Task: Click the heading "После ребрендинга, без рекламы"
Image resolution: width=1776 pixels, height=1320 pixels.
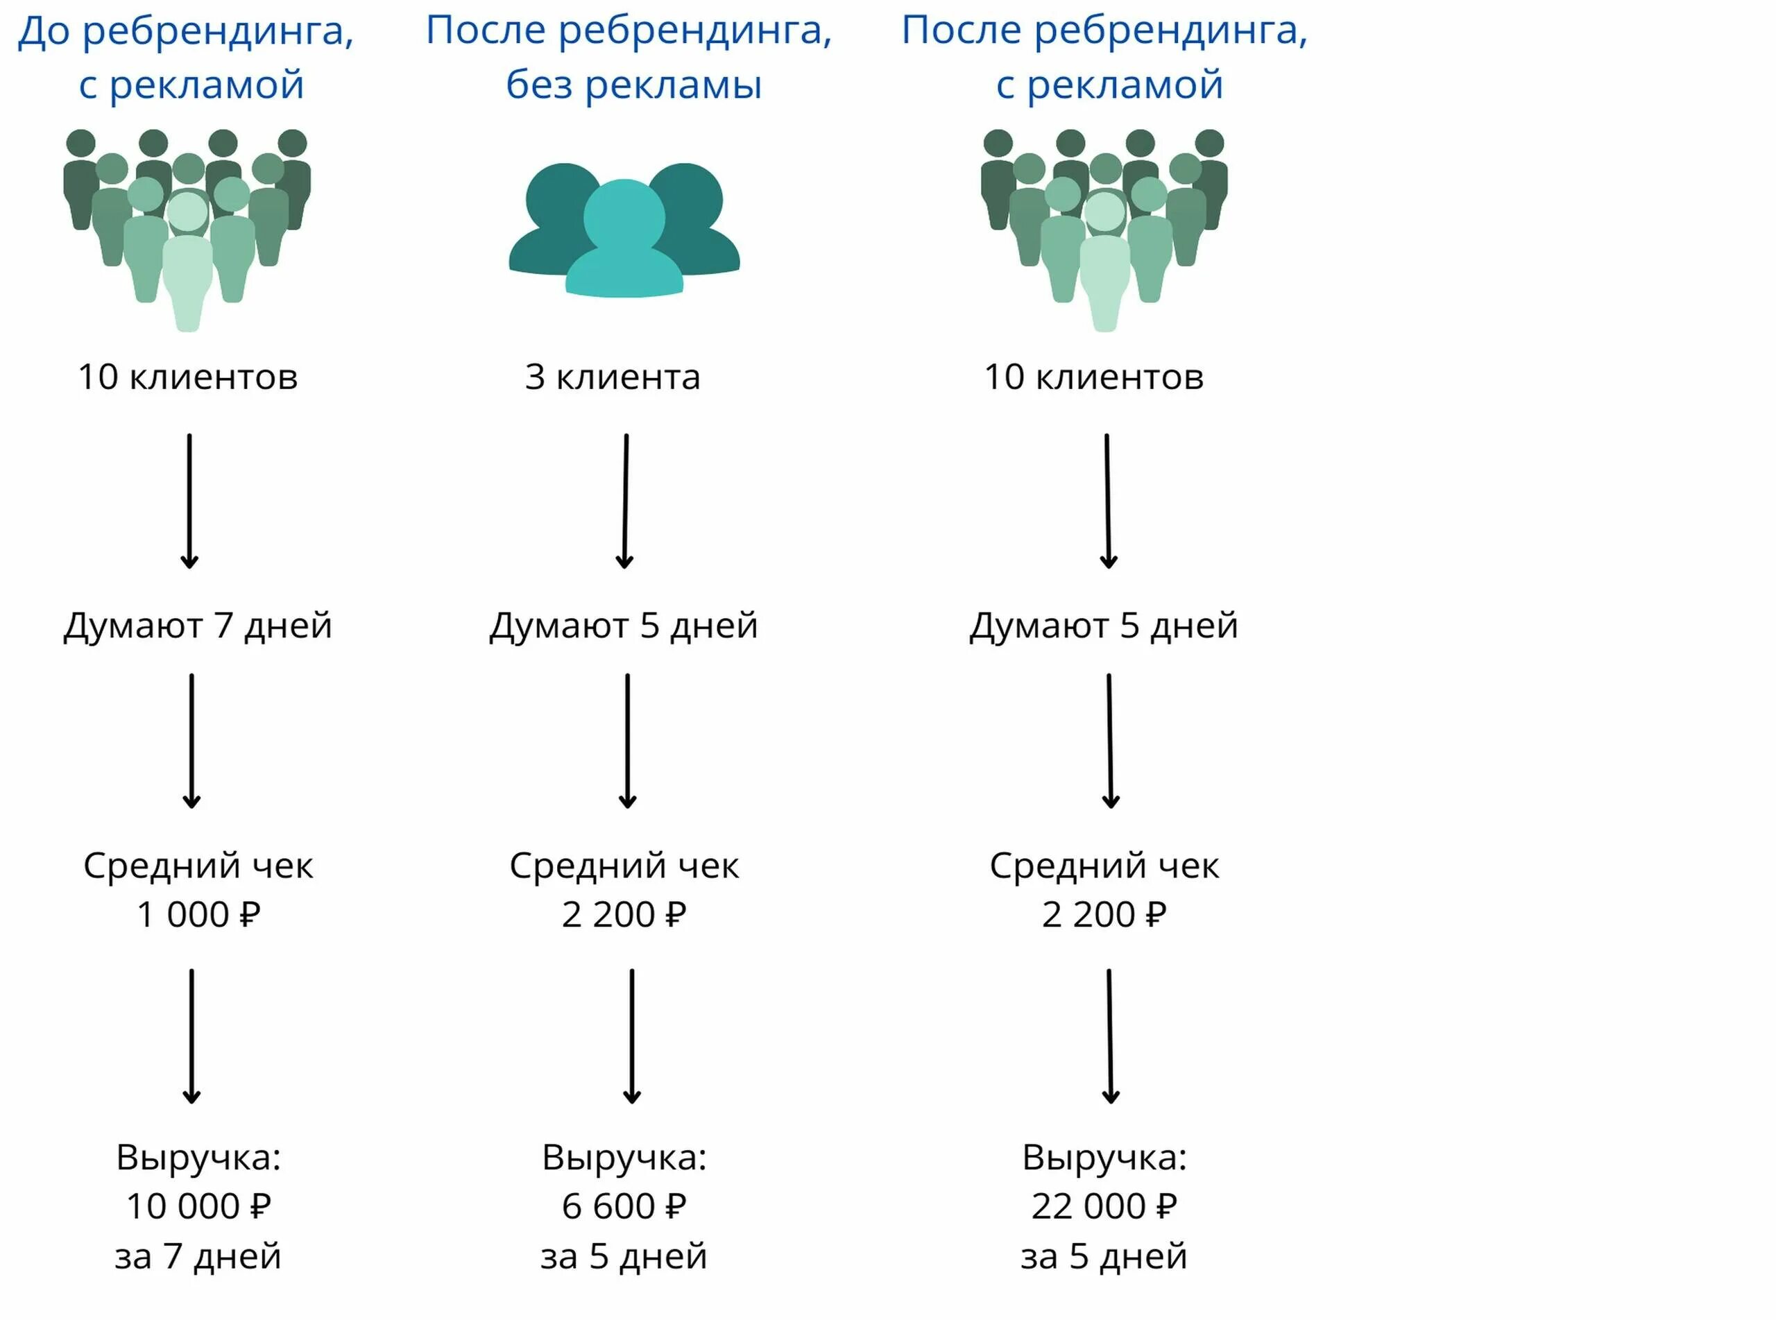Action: [629, 56]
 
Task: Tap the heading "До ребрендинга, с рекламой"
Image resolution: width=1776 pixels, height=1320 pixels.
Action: [186, 56]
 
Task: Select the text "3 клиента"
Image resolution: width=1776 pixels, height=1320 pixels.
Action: [612, 377]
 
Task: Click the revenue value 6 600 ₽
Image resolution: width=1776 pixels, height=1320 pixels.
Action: [624, 1206]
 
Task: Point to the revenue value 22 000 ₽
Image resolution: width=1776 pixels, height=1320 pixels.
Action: [1104, 1206]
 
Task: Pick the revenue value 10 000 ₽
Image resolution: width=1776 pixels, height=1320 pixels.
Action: [198, 1206]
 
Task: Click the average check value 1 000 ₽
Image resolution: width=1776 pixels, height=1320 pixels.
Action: [198, 914]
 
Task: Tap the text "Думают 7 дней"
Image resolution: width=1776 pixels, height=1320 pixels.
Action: [197, 626]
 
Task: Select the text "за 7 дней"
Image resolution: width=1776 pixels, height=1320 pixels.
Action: [198, 1256]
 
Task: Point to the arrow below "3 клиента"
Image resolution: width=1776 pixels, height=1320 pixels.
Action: [626, 501]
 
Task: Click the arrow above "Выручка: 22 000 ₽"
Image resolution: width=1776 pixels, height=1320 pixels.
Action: [1110, 1036]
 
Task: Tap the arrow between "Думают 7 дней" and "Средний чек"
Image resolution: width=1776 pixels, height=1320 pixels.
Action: [191, 741]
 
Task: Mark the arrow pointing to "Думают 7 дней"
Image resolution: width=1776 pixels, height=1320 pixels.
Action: [189, 501]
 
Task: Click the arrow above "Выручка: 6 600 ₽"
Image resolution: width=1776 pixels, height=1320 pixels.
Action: [632, 1036]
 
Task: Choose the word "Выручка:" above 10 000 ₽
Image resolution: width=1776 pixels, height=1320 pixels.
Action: [198, 1157]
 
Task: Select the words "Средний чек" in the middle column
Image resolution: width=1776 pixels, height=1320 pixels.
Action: [624, 866]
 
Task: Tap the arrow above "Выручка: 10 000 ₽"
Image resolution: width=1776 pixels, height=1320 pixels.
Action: [191, 1036]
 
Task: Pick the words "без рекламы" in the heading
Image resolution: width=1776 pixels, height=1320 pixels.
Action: [633, 85]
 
